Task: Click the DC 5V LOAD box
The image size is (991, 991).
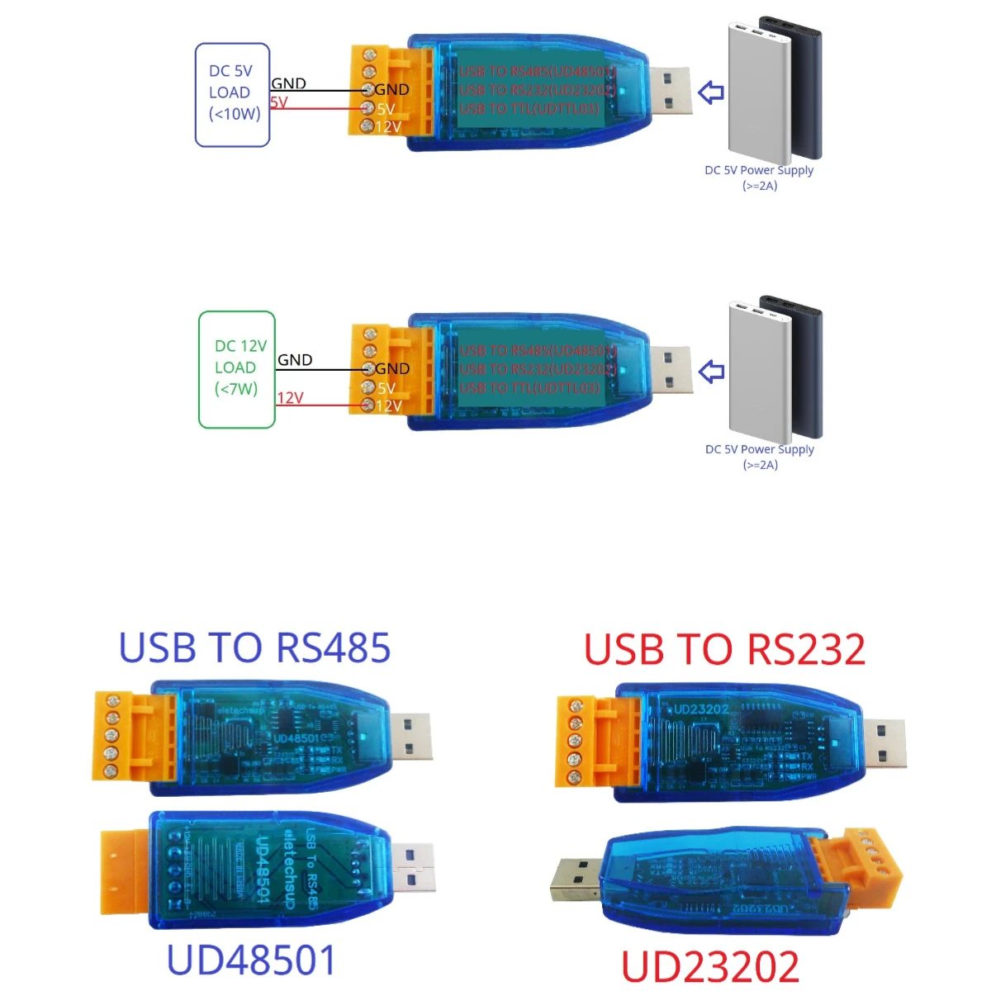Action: pos(232,95)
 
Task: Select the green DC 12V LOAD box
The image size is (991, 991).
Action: pos(237,369)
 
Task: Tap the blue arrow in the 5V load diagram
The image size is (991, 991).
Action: pos(711,92)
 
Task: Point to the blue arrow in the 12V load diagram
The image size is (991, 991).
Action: pos(711,372)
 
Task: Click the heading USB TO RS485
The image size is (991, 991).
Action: pos(254,648)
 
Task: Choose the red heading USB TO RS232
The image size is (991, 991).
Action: pos(724,650)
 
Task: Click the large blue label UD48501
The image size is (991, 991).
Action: pos(252,960)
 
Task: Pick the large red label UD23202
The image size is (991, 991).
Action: pos(709,967)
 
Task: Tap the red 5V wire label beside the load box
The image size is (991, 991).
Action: pos(279,103)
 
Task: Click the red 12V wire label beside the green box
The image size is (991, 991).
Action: pos(290,398)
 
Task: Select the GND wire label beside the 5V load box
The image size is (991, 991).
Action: pos(288,83)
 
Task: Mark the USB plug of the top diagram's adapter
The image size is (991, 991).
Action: pos(669,91)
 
